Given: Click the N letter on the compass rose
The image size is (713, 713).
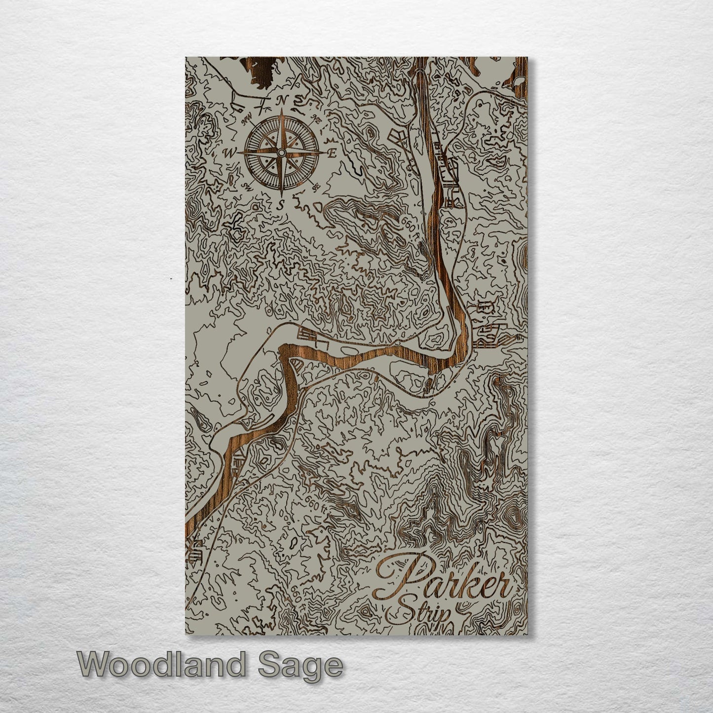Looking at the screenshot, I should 282,100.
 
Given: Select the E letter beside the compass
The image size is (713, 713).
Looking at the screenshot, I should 333,153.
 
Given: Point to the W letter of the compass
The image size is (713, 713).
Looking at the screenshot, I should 229,153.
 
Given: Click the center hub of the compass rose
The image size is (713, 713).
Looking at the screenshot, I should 281,153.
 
